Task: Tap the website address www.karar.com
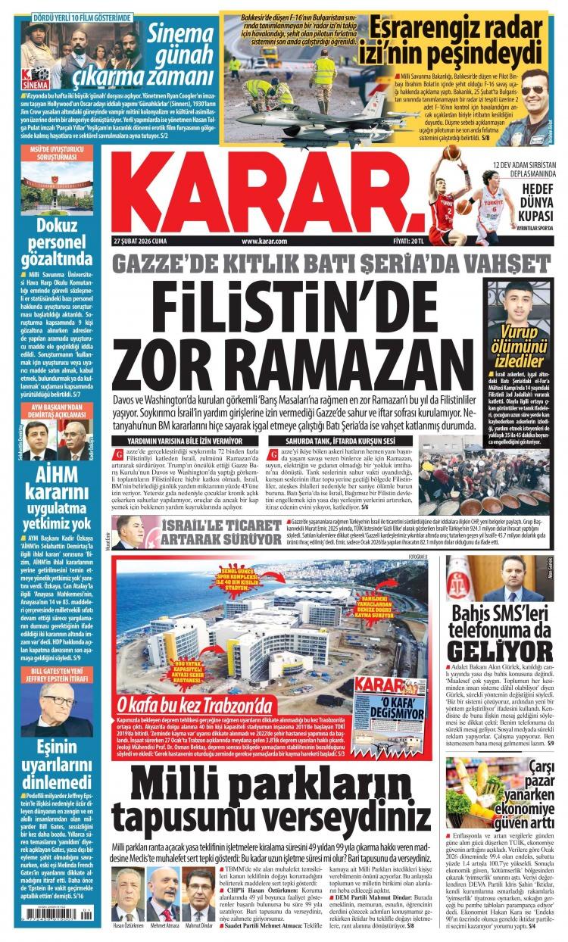click(264, 241)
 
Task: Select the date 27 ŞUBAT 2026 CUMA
click(139, 241)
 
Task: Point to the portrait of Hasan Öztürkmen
click(128, 894)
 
